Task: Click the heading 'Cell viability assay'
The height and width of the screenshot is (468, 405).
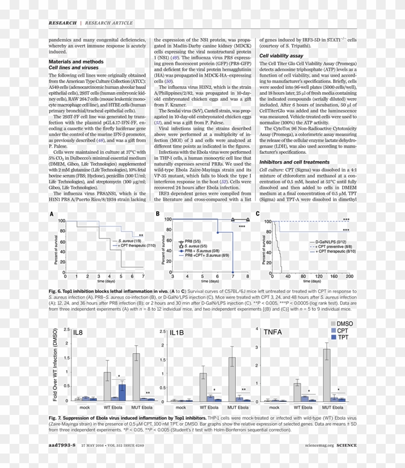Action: [x=281, y=56]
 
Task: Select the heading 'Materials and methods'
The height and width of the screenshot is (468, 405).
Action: [x=76, y=62]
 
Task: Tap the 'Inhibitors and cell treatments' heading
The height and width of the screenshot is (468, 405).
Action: [x=295, y=162]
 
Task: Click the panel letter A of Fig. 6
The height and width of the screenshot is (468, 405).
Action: [x=51, y=213]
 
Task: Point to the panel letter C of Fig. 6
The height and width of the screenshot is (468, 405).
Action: [x=257, y=213]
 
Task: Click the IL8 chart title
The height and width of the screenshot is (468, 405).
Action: [x=78, y=332]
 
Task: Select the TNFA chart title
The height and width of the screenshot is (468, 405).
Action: [x=273, y=332]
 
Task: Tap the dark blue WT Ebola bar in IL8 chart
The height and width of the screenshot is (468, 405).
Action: [x=122, y=392]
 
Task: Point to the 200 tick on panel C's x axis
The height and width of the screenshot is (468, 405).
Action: [x=350, y=277]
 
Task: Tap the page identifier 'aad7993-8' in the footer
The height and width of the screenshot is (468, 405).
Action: [x=62, y=445]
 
